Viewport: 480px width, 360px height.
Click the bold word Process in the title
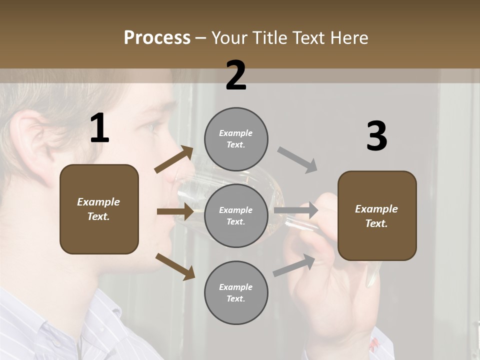click(x=157, y=38)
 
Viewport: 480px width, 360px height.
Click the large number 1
click(x=99, y=128)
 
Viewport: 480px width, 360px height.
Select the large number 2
click(x=236, y=75)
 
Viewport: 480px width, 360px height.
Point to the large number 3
click(x=376, y=136)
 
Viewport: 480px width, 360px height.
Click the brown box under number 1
click(x=99, y=209)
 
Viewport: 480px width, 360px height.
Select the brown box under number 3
click(x=377, y=215)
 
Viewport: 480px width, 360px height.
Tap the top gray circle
click(x=236, y=139)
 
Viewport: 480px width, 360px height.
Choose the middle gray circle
click(x=236, y=215)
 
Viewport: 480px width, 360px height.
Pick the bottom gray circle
click(x=236, y=292)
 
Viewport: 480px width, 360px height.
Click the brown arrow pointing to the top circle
click(x=174, y=159)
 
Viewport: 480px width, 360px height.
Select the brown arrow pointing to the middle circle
click(x=175, y=211)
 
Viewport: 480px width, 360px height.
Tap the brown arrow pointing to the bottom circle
click(x=175, y=266)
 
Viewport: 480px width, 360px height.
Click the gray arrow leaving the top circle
click(x=297, y=159)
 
